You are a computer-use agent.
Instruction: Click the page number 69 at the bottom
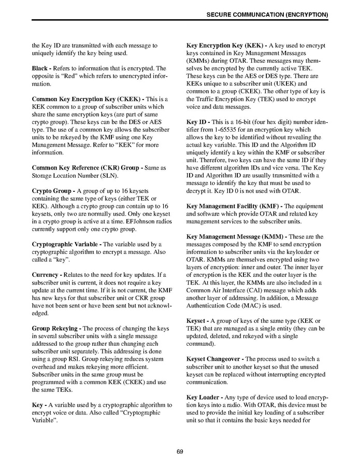pos(180,451)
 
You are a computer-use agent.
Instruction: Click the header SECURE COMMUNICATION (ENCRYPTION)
pos(267,15)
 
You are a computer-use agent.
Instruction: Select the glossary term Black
pos(41,68)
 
